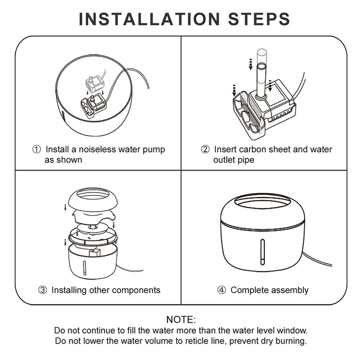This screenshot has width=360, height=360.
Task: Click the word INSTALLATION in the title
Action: pyautogui.click(x=149, y=19)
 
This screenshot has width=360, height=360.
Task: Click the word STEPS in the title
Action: pyautogui.click(x=259, y=19)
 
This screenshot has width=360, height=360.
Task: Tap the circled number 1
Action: pyautogui.click(x=36, y=149)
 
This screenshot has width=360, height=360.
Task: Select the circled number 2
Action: pyautogui.click(x=205, y=149)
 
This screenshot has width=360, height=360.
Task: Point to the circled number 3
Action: pyautogui.click(x=42, y=290)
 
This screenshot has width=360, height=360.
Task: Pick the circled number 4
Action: pyautogui.click(x=221, y=290)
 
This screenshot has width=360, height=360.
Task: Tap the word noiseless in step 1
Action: pyautogui.click(x=97, y=149)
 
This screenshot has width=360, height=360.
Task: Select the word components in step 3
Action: pyautogui.click(x=136, y=290)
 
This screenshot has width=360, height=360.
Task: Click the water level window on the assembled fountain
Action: pyautogui.click(x=262, y=252)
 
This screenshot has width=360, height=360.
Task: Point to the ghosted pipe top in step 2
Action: pyautogui.click(x=262, y=56)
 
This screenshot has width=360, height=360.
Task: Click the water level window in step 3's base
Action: pyautogui.click(x=84, y=268)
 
